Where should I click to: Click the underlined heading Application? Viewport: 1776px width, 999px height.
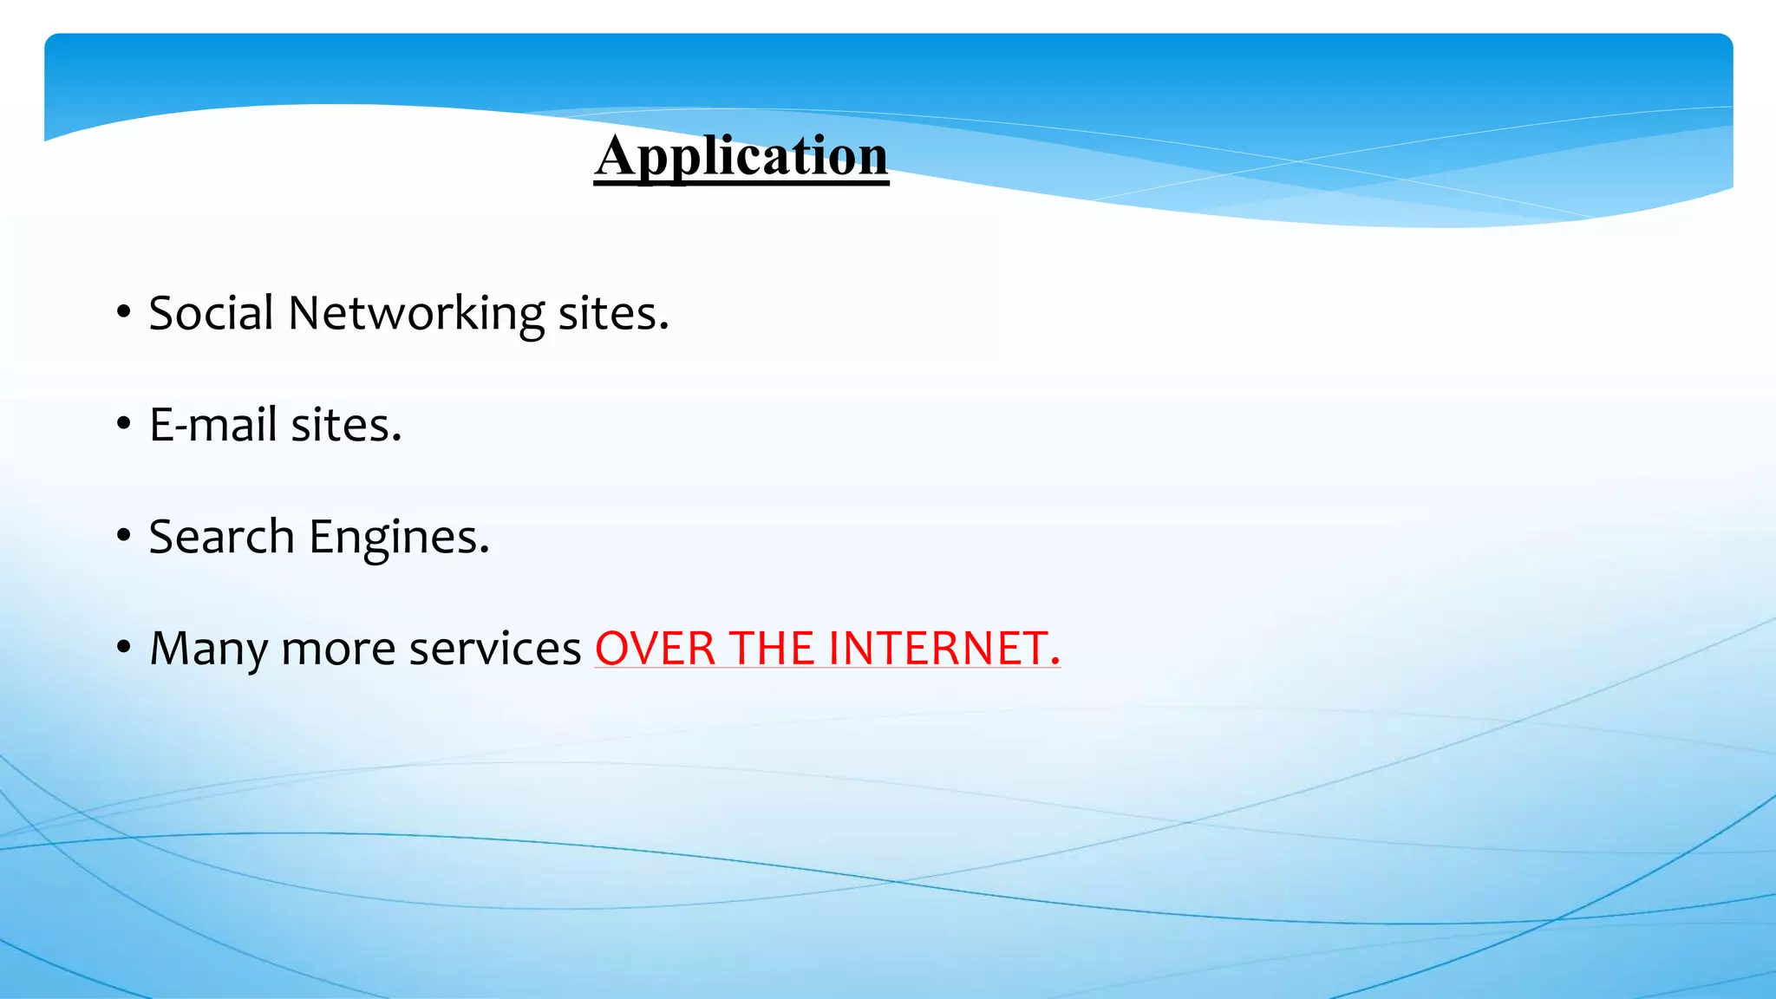[x=741, y=156]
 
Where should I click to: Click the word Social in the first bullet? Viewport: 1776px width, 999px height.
[x=212, y=313]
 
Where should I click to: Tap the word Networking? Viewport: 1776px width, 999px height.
[x=416, y=313]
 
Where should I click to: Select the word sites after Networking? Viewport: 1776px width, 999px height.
[x=607, y=313]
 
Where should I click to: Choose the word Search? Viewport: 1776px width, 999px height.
[x=222, y=537]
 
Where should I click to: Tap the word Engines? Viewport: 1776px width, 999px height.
[x=395, y=537]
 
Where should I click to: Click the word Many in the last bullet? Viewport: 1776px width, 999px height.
[x=209, y=649]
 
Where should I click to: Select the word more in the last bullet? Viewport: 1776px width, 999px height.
[x=338, y=649]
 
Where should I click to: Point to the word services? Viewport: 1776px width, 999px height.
[x=495, y=649]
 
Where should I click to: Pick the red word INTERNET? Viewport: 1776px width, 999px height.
[x=935, y=649]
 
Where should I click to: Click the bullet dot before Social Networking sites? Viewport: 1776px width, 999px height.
[x=124, y=311]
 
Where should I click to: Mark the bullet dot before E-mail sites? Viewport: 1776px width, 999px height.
[x=124, y=423]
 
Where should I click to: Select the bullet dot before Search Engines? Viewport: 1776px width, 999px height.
[x=124, y=535]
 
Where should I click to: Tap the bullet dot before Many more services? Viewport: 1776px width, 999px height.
[x=124, y=647]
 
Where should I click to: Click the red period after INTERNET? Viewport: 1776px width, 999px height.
[x=1054, y=664]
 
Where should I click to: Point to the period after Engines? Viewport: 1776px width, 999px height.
[x=484, y=552]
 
